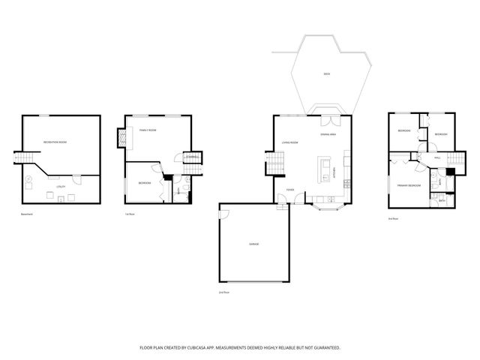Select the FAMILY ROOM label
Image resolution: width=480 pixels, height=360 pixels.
pyautogui.click(x=147, y=130)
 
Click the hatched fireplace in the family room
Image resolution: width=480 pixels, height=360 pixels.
pyautogui.click(x=121, y=138)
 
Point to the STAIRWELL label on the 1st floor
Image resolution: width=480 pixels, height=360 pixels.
pyautogui.click(x=193, y=157)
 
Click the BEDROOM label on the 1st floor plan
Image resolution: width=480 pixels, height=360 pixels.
pyautogui.click(x=145, y=183)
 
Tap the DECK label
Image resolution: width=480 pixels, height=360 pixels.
pyautogui.click(x=326, y=74)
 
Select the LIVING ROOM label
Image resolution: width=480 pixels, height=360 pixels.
pyautogui.click(x=290, y=142)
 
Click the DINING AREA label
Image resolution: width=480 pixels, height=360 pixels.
pyautogui.click(x=328, y=134)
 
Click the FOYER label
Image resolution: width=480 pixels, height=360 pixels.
pyautogui.click(x=289, y=190)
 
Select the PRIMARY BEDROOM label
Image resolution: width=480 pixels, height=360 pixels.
pyautogui.click(x=409, y=185)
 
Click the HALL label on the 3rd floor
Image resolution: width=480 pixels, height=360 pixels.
pyautogui.click(x=437, y=157)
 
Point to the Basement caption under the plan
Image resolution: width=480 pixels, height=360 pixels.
pyautogui.click(x=28, y=214)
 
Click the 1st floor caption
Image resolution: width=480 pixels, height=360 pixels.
pyautogui.click(x=130, y=214)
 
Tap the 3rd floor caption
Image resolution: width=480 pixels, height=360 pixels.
pyautogui.click(x=393, y=218)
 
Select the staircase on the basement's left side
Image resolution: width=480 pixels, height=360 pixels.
pyautogui.click(x=25, y=160)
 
